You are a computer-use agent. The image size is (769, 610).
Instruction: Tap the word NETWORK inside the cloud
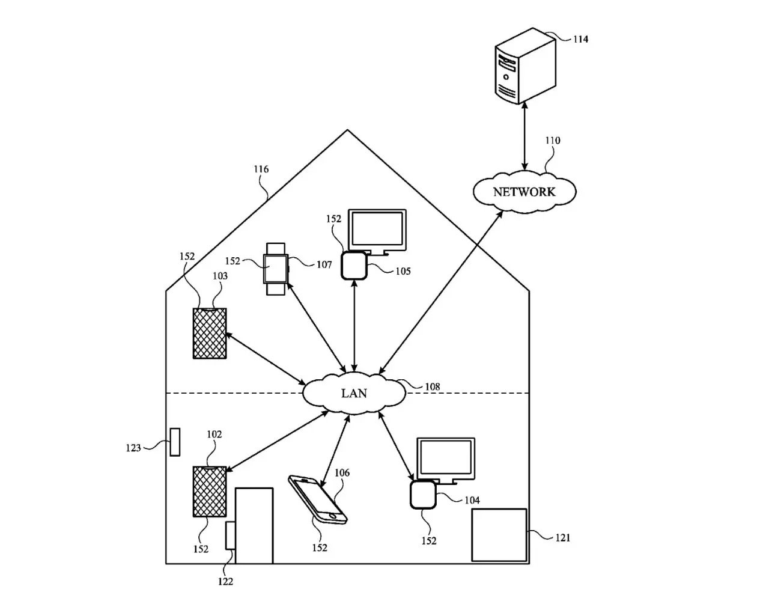coord(524,192)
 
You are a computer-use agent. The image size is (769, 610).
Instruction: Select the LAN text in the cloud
coord(354,394)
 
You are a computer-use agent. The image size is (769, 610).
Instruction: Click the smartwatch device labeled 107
coord(276,269)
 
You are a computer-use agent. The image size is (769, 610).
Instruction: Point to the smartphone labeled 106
coord(318,499)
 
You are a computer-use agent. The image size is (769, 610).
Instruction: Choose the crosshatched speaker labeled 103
coord(210,334)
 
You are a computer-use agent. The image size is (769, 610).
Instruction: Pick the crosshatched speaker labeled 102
coord(210,492)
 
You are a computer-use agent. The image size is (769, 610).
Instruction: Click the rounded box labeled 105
coord(354,266)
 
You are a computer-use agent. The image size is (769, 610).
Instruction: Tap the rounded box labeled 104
coord(422,495)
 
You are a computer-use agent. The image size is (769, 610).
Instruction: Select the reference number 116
coord(261,169)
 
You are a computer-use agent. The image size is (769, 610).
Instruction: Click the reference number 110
coord(552,141)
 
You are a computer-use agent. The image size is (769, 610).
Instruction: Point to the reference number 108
coord(432,387)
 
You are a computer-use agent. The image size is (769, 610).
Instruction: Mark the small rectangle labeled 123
coord(175,442)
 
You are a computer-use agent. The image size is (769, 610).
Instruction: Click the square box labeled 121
coord(499,535)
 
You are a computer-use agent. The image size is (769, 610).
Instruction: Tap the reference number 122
coord(225,582)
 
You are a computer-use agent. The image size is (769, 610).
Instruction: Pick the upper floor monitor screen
coord(377,229)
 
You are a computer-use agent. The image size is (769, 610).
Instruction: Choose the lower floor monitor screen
coord(446,458)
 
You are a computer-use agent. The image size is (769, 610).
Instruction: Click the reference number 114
coord(580,40)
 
